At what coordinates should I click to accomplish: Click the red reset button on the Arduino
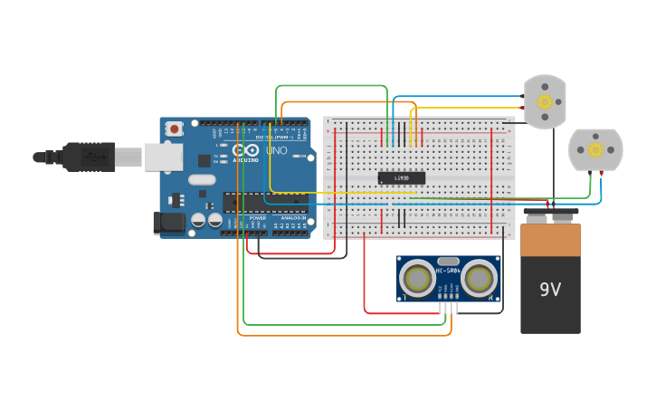point(175,129)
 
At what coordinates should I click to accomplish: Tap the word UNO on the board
point(276,150)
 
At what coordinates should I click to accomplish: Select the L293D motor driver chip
point(401,178)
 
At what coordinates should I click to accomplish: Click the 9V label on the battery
point(550,290)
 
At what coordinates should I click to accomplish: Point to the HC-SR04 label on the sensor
point(448,270)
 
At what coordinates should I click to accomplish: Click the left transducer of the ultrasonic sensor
point(417,279)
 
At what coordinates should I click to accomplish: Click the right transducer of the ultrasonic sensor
point(480,279)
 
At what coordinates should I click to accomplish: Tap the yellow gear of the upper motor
point(545,101)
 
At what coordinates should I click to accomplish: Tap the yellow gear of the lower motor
point(594,148)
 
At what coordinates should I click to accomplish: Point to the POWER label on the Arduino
point(258,218)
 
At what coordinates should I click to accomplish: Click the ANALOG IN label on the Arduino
point(292,218)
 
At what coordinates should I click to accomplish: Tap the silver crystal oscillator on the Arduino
point(201,179)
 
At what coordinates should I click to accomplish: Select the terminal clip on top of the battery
point(550,215)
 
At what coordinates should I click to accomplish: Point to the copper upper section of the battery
point(550,240)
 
